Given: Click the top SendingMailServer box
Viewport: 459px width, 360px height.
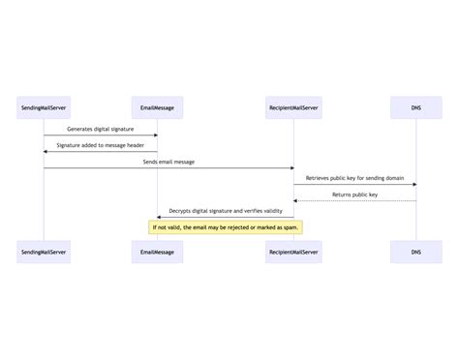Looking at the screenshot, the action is click(x=44, y=105).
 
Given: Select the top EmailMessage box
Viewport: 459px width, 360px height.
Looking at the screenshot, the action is click(x=157, y=105).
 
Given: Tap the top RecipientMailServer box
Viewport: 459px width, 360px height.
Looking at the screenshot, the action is click(x=293, y=105).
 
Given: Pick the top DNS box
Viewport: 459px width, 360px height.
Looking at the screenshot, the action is click(x=415, y=105).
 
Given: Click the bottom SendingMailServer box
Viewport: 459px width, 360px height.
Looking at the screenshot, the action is click(x=44, y=252).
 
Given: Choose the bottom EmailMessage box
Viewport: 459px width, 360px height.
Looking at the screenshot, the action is click(x=157, y=252).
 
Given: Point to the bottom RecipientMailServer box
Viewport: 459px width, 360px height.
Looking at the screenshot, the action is click(x=293, y=252).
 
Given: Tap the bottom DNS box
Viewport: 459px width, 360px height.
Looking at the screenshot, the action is click(x=415, y=252).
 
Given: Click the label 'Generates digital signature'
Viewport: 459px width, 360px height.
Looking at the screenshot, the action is click(x=101, y=129).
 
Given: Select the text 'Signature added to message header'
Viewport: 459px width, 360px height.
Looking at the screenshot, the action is click(x=101, y=145).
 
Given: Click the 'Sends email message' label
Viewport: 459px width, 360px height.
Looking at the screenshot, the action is click(x=168, y=162).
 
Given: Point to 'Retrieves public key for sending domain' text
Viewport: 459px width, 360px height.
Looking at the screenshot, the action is click(x=354, y=178).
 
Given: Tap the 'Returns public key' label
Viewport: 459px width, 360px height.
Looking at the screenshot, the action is click(x=354, y=195).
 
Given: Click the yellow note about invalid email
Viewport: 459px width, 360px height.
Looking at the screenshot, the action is click(x=226, y=227).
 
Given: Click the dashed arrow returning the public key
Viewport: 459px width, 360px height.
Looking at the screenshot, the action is click(x=354, y=201).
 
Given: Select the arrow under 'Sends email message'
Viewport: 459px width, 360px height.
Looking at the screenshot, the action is click(x=168, y=168).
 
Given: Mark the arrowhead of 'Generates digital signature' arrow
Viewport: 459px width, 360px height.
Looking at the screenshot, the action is click(x=154, y=135).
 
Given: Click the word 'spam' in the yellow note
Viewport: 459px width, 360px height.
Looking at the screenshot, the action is click(x=291, y=227).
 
